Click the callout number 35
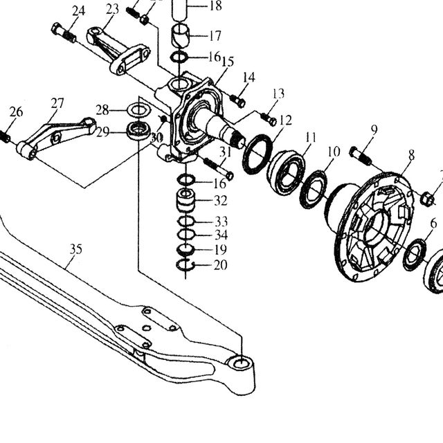click(76, 249)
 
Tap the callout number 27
click(57, 103)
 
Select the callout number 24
click(78, 11)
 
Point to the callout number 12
click(285, 120)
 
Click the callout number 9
click(374, 129)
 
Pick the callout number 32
click(221, 201)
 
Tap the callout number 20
click(220, 265)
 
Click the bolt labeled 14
click(237, 101)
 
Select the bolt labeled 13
click(269, 120)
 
